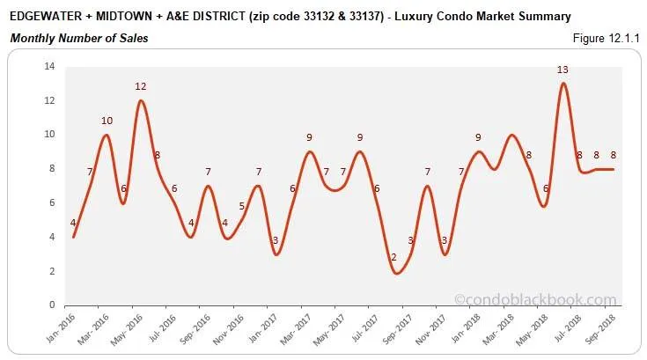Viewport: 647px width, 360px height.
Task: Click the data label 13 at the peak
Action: [x=562, y=70]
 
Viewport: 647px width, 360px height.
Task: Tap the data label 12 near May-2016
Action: [x=140, y=86]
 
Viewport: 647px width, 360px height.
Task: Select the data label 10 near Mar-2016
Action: [x=107, y=121]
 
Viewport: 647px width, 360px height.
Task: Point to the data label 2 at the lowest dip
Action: [x=393, y=257]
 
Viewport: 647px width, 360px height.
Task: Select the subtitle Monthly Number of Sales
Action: [x=78, y=38]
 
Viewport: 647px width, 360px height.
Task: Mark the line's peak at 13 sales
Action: [x=562, y=84]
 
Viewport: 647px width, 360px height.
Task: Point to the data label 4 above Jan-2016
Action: [x=73, y=223]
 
